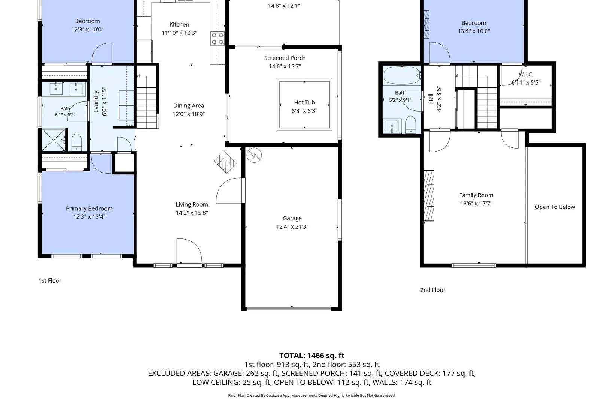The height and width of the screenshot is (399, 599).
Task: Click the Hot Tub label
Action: point(304,103)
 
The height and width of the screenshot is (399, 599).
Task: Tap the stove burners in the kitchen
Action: point(218,39)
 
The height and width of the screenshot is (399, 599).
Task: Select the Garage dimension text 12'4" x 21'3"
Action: point(292,227)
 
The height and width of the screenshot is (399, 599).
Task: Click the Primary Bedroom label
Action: point(89,208)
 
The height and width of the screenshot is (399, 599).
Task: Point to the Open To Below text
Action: point(554,207)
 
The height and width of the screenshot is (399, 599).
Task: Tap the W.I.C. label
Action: point(526,74)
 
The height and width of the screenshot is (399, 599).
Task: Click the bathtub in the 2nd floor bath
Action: point(402,75)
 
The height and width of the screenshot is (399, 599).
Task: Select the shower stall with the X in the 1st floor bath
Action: point(54,140)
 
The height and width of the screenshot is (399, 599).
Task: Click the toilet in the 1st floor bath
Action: point(76,143)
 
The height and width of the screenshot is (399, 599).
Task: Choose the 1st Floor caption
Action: point(50,280)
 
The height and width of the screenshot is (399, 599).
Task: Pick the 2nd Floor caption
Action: point(433,290)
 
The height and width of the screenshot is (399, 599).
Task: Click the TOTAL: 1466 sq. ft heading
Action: point(312,356)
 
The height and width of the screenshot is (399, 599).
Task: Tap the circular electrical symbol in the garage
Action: point(254,155)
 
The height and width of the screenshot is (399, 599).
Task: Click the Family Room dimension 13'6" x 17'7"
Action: point(476,204)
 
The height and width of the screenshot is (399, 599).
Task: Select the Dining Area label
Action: point(189,106)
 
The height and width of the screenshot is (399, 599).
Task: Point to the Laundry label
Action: point(96,101)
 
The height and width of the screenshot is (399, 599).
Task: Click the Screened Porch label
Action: point(285,58)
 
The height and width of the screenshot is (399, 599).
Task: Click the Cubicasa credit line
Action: point(312,395)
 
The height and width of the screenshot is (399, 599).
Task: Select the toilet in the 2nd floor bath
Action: point(410,125)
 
